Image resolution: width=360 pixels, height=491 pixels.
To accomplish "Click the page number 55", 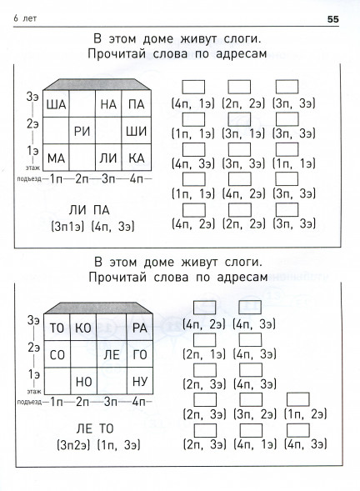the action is [333, 19].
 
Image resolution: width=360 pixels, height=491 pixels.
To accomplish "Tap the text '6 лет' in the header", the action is [25, 18].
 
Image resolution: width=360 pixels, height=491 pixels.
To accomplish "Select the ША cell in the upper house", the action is [56, 104].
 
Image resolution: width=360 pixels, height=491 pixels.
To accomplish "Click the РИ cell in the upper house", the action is [82, 131].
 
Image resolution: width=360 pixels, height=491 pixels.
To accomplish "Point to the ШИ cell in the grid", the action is [136, 131].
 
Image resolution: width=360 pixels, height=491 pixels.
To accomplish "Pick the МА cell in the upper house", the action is [56, 158].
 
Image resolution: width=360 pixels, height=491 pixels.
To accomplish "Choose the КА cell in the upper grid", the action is [136, 158].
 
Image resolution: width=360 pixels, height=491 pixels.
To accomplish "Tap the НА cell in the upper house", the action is [108, 104].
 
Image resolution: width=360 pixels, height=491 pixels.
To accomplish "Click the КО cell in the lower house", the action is [83, 328].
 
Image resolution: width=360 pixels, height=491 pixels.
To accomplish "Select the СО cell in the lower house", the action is [57, 354].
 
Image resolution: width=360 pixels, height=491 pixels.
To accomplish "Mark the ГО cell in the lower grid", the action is [140, 354].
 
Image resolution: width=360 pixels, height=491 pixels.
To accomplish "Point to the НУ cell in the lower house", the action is [140, 382].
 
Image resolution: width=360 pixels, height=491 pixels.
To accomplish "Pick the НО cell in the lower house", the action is [83, 382].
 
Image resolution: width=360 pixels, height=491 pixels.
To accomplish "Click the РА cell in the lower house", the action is [140, 328].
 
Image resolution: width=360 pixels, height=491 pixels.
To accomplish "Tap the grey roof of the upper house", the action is [97, 84].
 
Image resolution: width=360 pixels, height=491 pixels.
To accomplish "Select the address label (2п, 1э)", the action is [204, 354].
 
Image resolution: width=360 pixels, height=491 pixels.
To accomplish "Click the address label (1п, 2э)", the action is [305, 414].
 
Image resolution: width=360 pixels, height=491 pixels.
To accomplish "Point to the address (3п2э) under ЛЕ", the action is [73, 445].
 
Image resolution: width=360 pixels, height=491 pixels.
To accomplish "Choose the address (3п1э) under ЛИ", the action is [67, 227].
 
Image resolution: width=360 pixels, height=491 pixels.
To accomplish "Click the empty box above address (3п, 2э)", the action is [251, 399].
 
